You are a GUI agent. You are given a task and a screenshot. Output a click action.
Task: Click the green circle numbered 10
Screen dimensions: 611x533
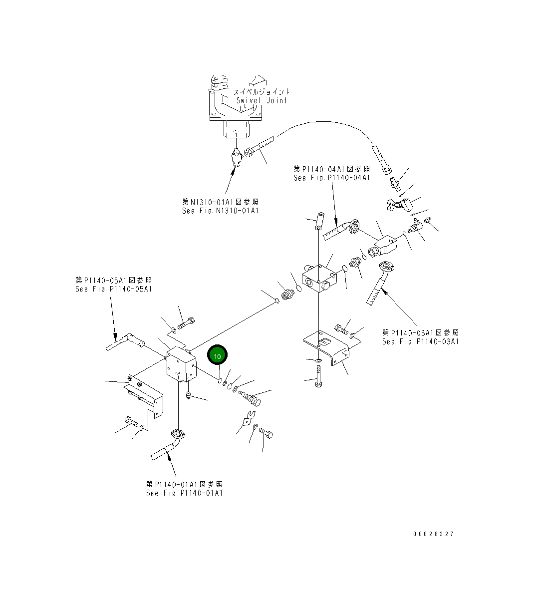pyautogui.click(x=217, y=356)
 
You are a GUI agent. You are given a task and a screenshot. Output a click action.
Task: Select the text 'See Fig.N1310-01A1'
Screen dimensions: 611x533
pyautogui.click(x=221, y=211)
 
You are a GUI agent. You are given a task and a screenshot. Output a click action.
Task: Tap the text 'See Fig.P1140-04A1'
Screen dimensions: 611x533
pyautogui.click(x=332, y=178)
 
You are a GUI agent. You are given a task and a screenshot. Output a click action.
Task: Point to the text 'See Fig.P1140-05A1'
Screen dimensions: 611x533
pyautogui.click(x=114, y=289)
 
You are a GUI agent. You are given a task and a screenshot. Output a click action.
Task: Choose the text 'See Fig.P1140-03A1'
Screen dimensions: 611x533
pyautogui.click(x=420, y=341)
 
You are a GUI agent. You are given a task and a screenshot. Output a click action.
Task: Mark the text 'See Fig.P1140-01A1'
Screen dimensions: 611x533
pyautogui.click(x=184, y=493)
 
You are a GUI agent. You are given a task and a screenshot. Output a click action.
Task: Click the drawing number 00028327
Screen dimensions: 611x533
pyautogui.click(x=433, y=534)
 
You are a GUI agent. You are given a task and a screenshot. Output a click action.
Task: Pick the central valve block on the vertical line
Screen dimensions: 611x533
pyautogui.click(x=319, y=279)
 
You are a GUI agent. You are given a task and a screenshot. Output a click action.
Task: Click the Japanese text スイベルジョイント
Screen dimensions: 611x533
pyautogui.click(x=262, y=92)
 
